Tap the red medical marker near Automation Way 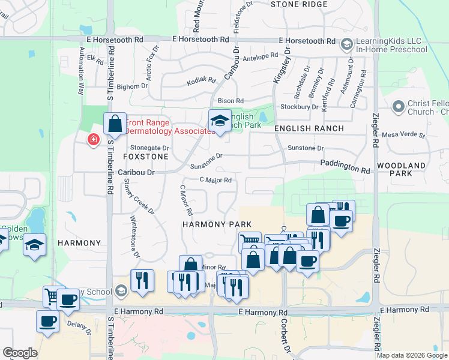(93, 140)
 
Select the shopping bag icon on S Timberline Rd (114, 124)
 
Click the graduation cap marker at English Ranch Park (220, 122)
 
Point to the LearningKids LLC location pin (346, 45)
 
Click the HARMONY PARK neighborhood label (208, 224)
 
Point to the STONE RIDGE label (299, 4)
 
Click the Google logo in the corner (20, 352)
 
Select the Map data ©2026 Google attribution (411, 355)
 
